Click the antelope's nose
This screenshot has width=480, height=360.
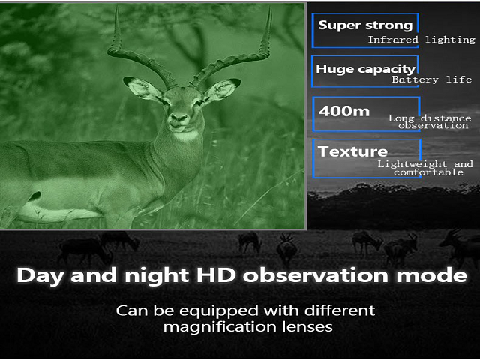[179, 118]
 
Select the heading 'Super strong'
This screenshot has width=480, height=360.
[365, 25]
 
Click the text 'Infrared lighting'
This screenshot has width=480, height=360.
[421, 40]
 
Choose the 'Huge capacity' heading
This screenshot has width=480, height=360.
[365, 69]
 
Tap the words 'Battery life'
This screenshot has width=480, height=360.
[432, 79]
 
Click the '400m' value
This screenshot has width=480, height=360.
[344, 111]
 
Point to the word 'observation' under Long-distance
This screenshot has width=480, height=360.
[433, 125]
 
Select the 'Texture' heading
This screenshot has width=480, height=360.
[352, 151]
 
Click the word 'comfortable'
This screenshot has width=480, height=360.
[428, 172]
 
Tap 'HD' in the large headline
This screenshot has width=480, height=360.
[215, 274]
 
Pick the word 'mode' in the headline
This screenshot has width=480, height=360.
[432, 274]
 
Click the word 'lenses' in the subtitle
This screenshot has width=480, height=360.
[307, 326]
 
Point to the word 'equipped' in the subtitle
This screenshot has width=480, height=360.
[219, 311]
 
